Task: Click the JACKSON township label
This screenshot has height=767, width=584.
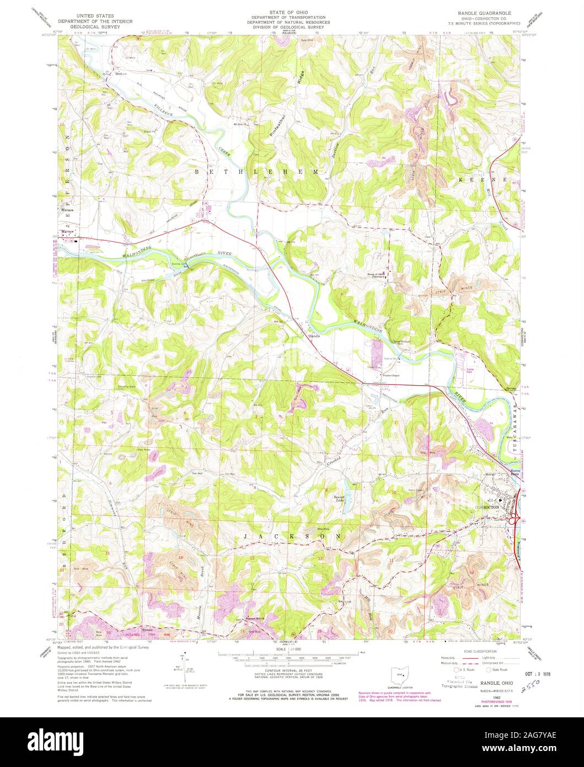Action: (x=290, y=536)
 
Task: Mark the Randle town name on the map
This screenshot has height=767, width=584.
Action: (x=314, y=335)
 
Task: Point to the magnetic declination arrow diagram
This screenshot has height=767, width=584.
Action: (x=183, y=667)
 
